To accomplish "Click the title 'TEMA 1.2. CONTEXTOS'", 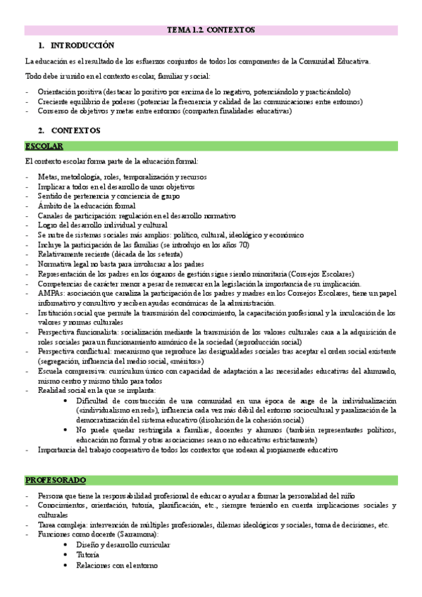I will click(x=211, y=30).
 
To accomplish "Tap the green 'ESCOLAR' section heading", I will click(x=44, y=146).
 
